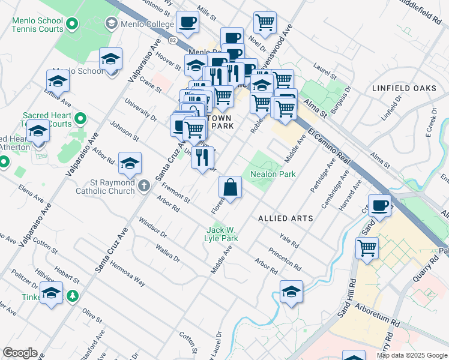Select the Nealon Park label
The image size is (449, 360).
click(x=273, y=174)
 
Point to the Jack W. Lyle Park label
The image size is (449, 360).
click(x=222, y=234)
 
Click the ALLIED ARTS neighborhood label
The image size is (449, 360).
click(x=286, y=218)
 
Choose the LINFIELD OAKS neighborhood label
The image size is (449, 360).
click(x=404, y=88)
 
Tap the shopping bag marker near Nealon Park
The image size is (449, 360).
click(x=230, y=188)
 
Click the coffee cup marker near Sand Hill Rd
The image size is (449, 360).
click(x=379, y=206)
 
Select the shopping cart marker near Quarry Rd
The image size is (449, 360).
click(x=367, y=247)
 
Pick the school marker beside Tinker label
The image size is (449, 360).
click(x=52, y=293)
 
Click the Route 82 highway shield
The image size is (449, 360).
click(x=173, y=40)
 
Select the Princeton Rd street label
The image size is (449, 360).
click(x=285, y=259)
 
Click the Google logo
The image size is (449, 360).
click(x=20, y=353)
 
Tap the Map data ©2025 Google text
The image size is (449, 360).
click(x=411, y=355)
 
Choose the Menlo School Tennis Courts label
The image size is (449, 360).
click(x=37, y=25)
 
